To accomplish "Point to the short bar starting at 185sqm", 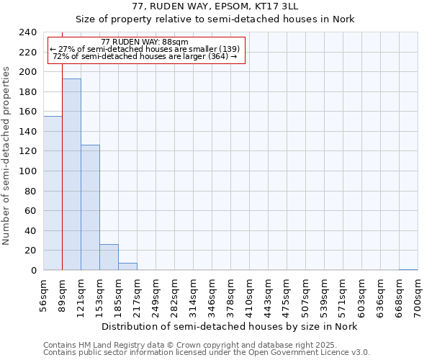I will coord(127,266).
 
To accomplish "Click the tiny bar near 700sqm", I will coord(408,269).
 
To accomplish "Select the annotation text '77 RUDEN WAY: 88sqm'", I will coord(145,42).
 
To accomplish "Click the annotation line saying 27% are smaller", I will coord(145,49).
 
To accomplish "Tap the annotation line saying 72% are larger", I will coord(145,56).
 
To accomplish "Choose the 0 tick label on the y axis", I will coord(33,270).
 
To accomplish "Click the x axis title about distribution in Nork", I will coord(229,326).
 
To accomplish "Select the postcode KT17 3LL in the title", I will coord(269,6).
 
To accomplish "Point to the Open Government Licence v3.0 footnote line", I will coord(207,352).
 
